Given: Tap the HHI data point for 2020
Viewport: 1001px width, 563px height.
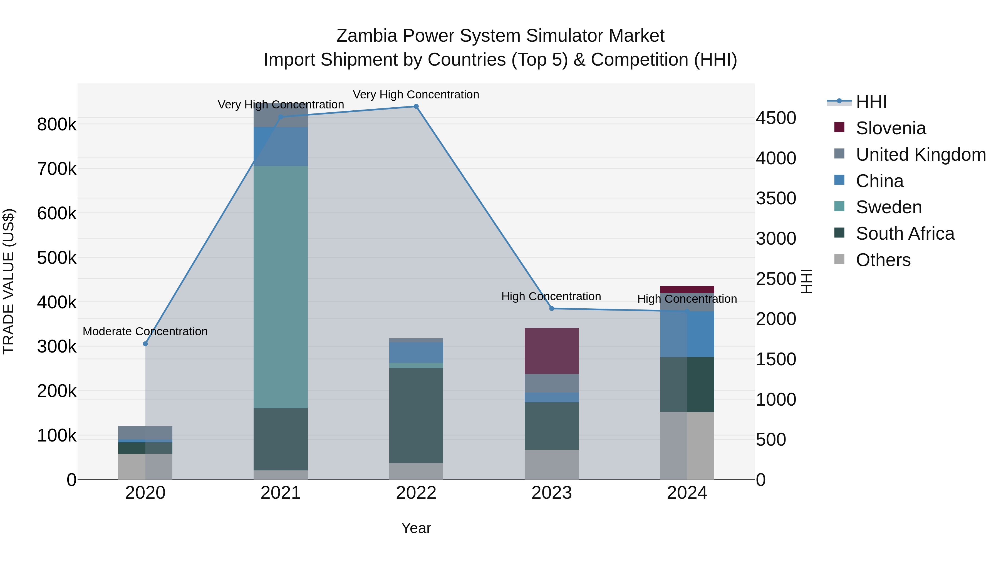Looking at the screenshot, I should (145, 344).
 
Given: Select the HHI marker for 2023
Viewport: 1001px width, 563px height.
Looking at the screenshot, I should (551, 309).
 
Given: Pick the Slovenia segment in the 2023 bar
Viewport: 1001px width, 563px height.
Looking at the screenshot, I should (551, 351).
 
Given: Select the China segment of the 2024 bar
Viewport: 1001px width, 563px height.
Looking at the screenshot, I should (687, 334).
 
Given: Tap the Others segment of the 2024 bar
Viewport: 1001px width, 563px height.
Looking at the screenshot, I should (687, 446).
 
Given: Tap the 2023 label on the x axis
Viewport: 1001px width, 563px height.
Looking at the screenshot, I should (551, 493).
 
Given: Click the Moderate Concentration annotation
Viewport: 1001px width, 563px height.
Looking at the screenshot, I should (145, 331).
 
